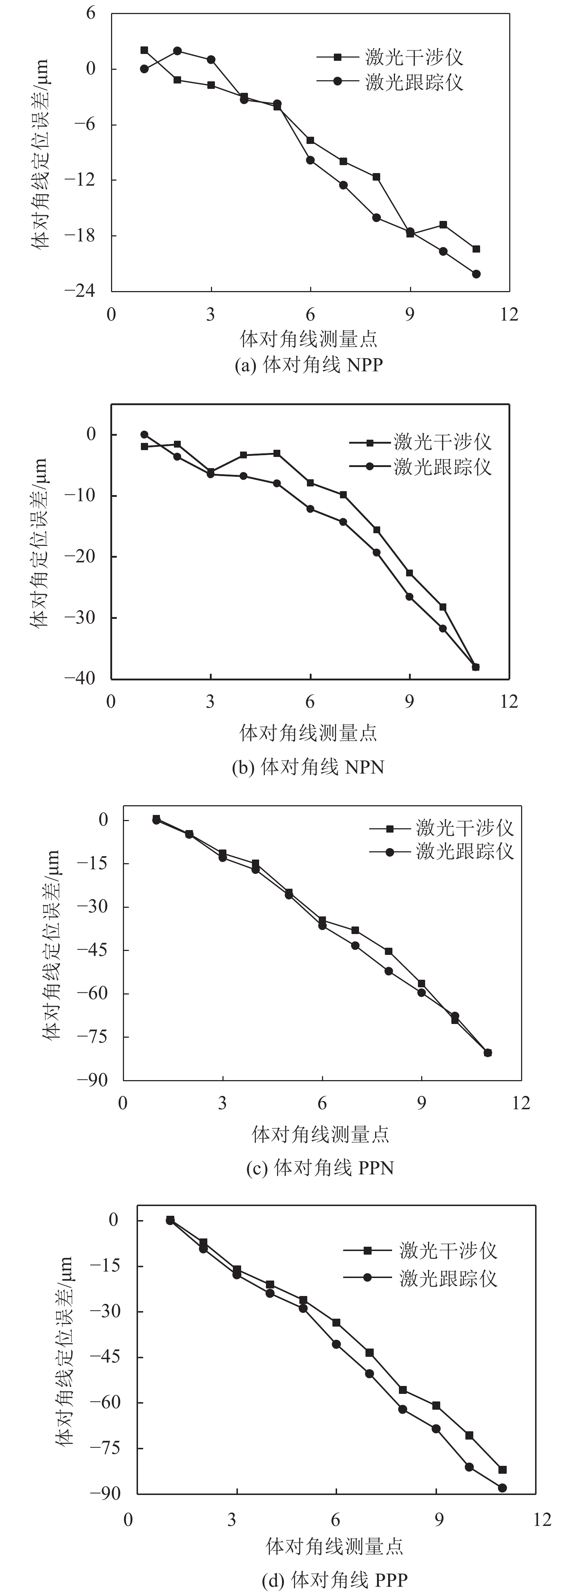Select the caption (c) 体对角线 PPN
coord(320,1168)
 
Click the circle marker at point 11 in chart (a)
coord(476,274)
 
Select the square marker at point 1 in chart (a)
coord(144,50)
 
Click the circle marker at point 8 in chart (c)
coord(388,971)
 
